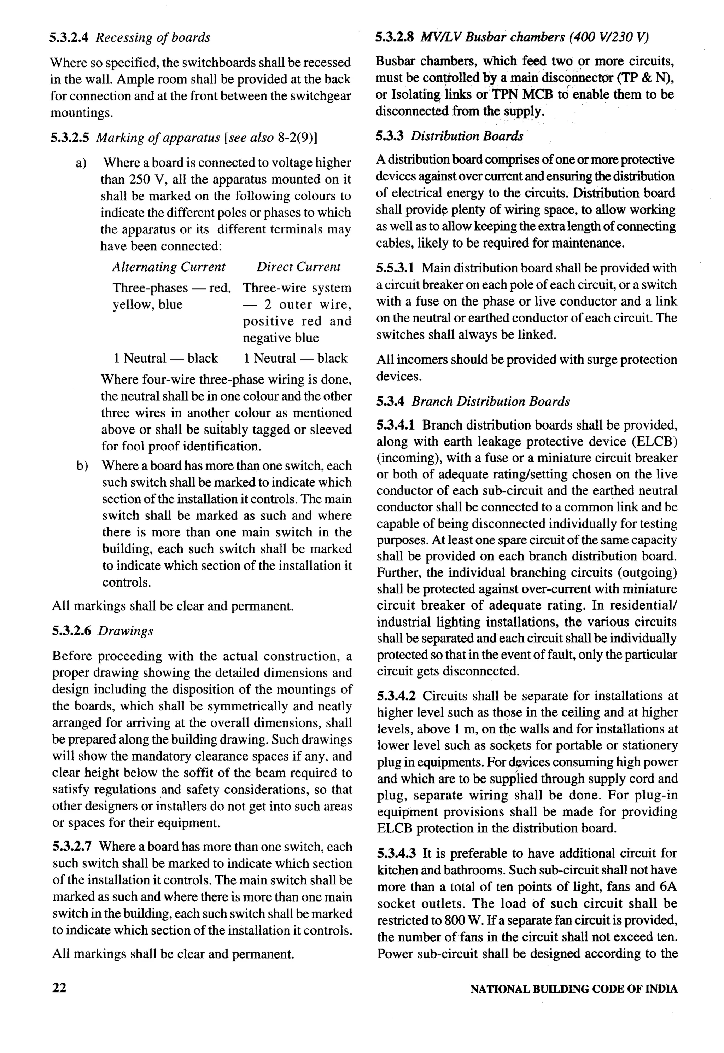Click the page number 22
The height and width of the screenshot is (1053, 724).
coord(59,987)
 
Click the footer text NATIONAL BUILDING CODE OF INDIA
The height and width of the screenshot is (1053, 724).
coord(573,989)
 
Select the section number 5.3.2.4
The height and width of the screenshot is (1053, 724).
coord(72,37)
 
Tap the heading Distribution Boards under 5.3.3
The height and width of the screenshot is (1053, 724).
coord(467,136)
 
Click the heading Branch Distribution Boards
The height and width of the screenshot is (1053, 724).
coord(491,402)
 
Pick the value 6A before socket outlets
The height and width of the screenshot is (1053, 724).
coord(668,886)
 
